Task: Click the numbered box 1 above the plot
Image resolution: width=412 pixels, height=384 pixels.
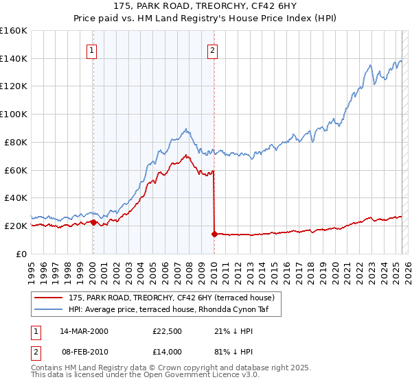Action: (x=92, y=49)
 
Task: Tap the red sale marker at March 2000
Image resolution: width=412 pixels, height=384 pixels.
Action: (x=93, y=222)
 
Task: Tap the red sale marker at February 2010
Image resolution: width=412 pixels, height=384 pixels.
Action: (x=214, y=234)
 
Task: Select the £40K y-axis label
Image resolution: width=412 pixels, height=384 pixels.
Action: (x=16, y=198)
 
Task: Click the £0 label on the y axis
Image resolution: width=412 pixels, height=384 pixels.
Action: (x=22, y=254)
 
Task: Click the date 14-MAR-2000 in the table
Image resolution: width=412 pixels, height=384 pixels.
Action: (x=84, y=331)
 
